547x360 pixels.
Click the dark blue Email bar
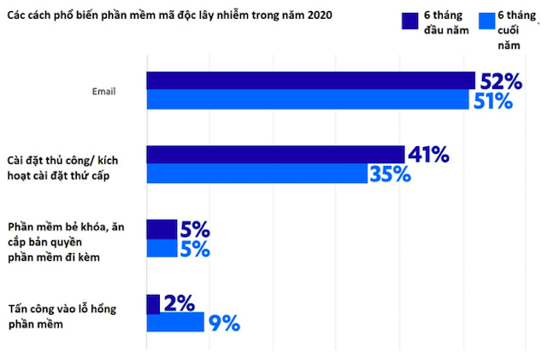310,80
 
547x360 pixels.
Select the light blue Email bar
308,100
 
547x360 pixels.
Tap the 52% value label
501,81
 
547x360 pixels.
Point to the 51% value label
491,101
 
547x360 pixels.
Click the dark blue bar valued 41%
275,154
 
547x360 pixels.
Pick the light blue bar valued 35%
257,174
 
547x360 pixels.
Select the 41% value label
428,154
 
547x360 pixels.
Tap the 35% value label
390,174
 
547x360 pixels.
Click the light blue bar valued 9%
175,322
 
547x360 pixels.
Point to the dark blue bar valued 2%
153,304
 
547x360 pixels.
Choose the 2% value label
179,304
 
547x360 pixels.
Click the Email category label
106,91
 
